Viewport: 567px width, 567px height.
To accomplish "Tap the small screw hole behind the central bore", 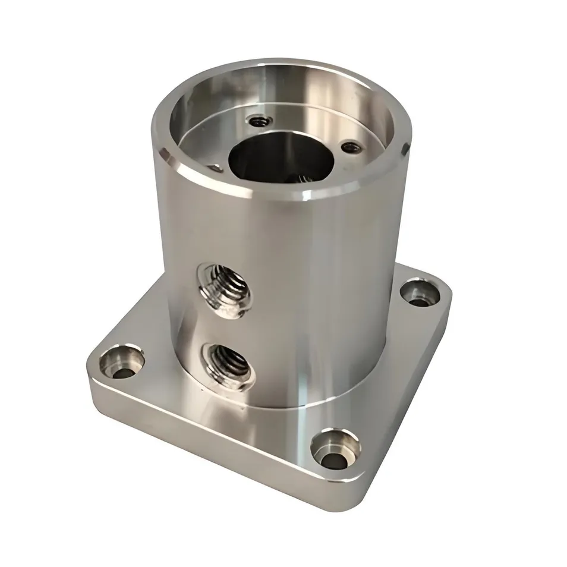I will click(257, 121).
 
